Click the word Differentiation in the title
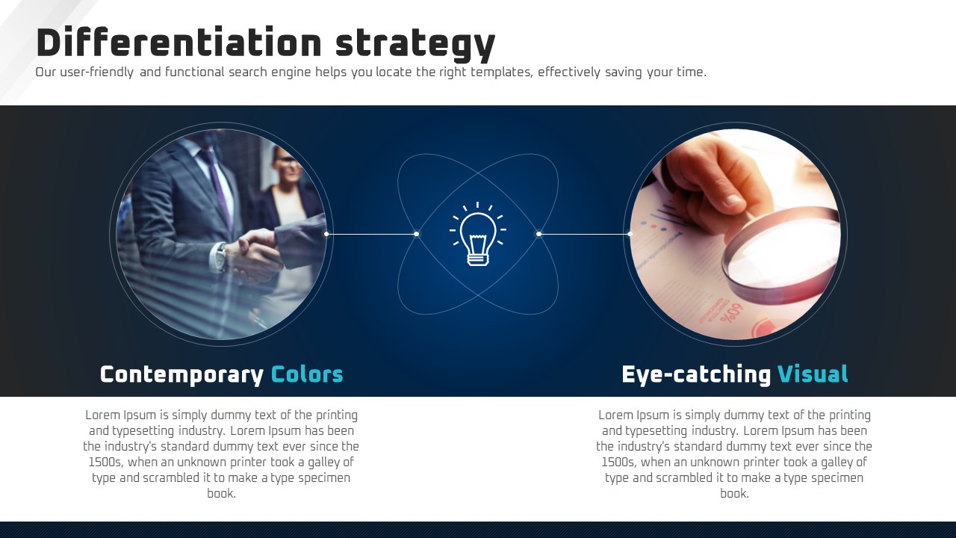(179, 42)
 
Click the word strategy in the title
(415, 45)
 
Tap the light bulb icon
(478, 234)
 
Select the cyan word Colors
(307, 374)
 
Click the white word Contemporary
(181, 375)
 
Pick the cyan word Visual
(813, 374)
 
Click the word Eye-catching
(696, 375)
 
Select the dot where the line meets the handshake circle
(326, 234)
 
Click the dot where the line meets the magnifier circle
(630, 234)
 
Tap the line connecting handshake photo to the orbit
(371, 234)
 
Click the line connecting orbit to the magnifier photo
(584, 234)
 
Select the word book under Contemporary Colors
(221, 494)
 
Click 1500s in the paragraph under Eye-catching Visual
(619, 463)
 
